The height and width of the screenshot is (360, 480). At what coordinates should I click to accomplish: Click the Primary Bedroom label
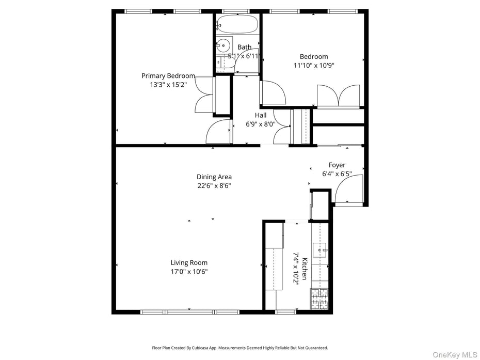[x=168, y=76]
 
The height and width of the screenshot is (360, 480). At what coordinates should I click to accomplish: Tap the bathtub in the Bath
[x=237, y=24]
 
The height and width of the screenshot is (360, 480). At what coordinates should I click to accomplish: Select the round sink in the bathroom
[x=224, y=45]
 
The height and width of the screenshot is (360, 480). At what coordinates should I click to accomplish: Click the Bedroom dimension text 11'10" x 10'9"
[x=314, y=66]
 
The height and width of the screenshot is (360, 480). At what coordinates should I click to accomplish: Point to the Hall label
[x=261, y=115]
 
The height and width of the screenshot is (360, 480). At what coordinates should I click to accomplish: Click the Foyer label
[x=337, y=165]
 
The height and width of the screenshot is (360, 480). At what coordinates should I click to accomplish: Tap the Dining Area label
[x=214, y=177]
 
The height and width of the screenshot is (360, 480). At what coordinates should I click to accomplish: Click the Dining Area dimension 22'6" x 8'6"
[x=214, y=186]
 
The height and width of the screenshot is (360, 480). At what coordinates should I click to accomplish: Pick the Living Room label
[x=189, y=262]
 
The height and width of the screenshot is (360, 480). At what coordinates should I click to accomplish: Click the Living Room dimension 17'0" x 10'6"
[x=189, y=272]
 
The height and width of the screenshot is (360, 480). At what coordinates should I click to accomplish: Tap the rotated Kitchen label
[x=305, y=269]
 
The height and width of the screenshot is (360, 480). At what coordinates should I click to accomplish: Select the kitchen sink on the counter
[x=320, y=250]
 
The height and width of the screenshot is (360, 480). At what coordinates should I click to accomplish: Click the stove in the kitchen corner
[x=319, y=299]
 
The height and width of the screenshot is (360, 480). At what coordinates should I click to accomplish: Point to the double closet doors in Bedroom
[x=338, y=96]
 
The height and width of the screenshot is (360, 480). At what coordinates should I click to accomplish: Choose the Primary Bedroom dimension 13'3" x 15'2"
[x=168, y=85]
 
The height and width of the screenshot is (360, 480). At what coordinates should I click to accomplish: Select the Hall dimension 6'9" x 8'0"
[x=261, y=124]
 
